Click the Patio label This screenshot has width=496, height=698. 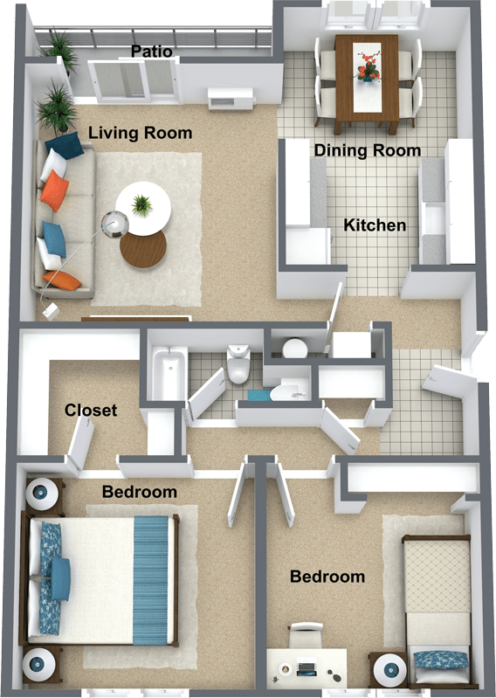point(151,52)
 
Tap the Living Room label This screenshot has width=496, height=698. point(141,133)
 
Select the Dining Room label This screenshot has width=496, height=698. point(368,150)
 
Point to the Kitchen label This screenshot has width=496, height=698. point(375,225)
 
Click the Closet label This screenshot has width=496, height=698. point(91,410)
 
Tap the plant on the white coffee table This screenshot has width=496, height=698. point(141,204)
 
